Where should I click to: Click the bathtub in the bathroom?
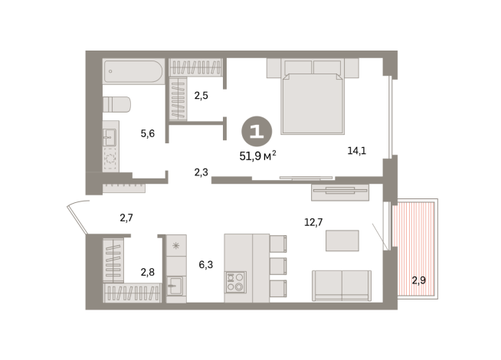click(x=133, y=71)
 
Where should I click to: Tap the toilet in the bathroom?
click(x=116, y=104)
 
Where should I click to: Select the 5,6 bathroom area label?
click(x=148, y=133)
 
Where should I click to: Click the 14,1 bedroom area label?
click(x=357, y=150)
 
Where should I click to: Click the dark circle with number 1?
click(x=257, y=131)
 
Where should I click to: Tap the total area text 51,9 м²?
click(x=258, y=155)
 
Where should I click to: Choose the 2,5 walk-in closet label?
click(x=201, y=95)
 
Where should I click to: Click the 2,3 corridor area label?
click(x=201, y=172)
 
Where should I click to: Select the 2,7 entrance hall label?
click(x=126, y=218)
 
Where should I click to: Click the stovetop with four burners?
click(x=235, y=282)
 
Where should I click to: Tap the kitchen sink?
click(x=175, y=286)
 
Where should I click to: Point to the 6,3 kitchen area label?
click(x=206, y=264)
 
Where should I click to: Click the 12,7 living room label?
click(x=313, y=222)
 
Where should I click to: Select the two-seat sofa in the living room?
click(x=342, y=286)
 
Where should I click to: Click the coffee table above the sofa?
click(x=342, y=241)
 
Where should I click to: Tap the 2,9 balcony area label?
click(x=418, y=280)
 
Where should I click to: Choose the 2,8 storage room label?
click(x=148, y=272)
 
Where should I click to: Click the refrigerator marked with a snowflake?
click(x=176, y=245)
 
